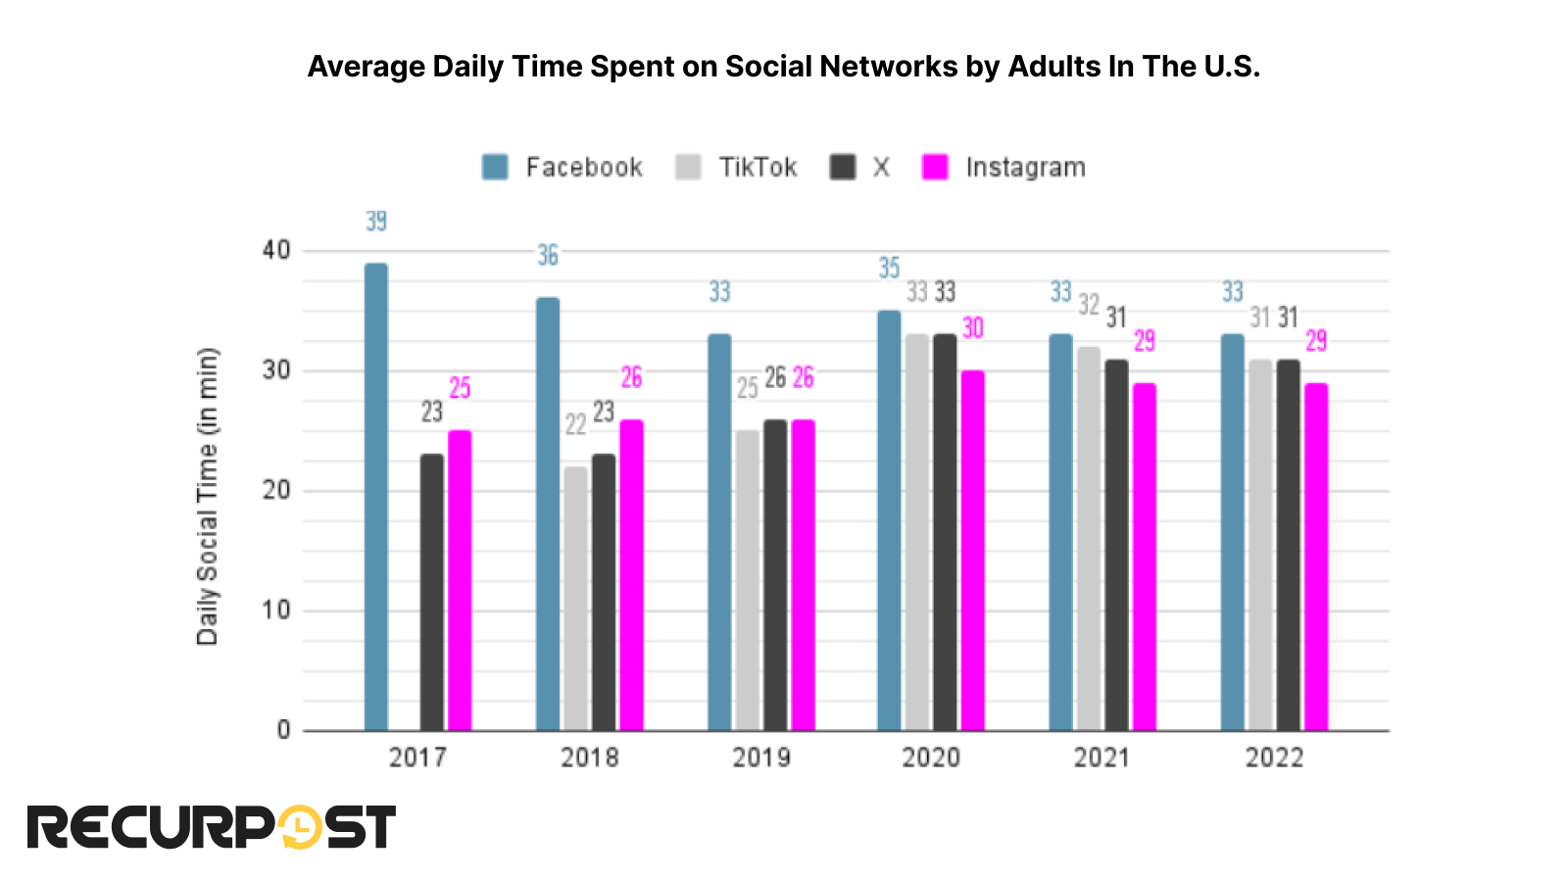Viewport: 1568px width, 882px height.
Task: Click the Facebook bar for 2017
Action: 375,497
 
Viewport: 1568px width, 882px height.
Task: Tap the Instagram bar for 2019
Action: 803,575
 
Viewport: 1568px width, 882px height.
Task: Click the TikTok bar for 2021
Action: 1088,538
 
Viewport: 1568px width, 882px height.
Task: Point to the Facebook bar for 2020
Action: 889,520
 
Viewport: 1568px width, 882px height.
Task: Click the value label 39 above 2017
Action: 376,221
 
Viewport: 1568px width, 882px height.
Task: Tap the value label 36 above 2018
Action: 548,256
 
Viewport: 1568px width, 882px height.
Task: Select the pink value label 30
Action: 972,328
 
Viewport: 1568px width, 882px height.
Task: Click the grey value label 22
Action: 575,424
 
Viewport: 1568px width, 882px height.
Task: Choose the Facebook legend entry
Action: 563,168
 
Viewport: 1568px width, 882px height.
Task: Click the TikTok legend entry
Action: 737,168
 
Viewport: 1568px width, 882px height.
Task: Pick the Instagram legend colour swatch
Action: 935,168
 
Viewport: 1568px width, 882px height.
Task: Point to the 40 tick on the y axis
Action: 276,251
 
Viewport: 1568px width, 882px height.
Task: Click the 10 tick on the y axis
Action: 276,611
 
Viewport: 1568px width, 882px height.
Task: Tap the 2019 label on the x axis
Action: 760,758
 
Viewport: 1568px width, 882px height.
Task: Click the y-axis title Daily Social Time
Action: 207,497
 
